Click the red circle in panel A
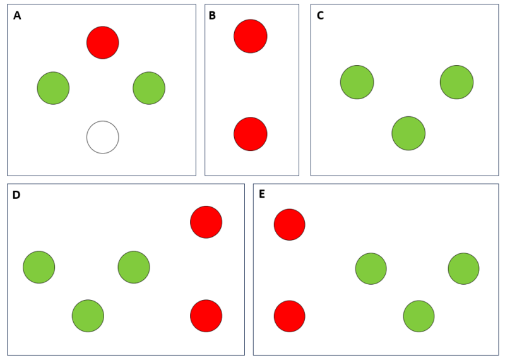tap(103, 42)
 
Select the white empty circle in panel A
tap(103, 137)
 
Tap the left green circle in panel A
tap(53, 88)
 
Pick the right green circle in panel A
tap(149, 88)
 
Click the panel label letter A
tap(17, 15)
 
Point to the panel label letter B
tap(212, 15)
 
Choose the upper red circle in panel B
tap(251, 36)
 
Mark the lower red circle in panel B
tap(251, 134)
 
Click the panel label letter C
tap(320, 15)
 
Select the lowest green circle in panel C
tap(408, 133)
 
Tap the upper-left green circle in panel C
tap(357, 82)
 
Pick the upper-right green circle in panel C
tap(456, 82)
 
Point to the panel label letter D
tap(16, 195)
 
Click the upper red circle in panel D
tap(206, 222)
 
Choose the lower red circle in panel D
tap(206, 316)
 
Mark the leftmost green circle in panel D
tap(39, 267)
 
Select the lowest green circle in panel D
tap(88, 316)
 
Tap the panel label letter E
tap(262, 194)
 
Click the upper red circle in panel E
tap(290, 225)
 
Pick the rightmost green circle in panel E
tap(464, 269)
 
